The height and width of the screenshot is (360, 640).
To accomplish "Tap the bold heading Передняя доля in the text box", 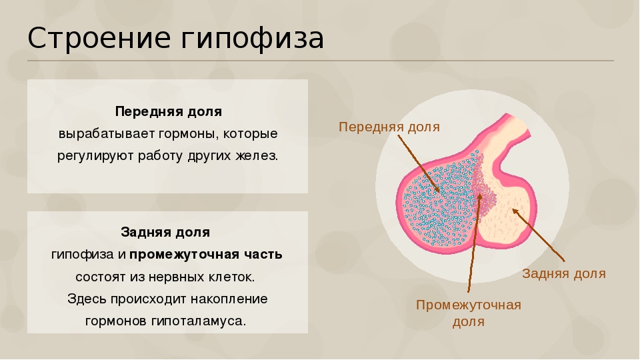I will [x=168, y=111].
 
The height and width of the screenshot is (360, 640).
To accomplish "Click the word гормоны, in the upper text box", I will [x=187, y=133].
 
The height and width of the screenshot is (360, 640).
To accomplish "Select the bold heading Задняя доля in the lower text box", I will [x=165, y=232].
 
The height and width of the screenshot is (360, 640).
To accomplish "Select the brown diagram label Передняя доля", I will [x=389, y=127].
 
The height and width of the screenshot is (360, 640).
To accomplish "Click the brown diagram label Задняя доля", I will [x=564, y=273].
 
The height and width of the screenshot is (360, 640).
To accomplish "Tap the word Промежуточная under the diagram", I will [x=468, y=305].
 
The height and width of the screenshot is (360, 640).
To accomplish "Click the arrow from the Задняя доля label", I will [x=540, y=235].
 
